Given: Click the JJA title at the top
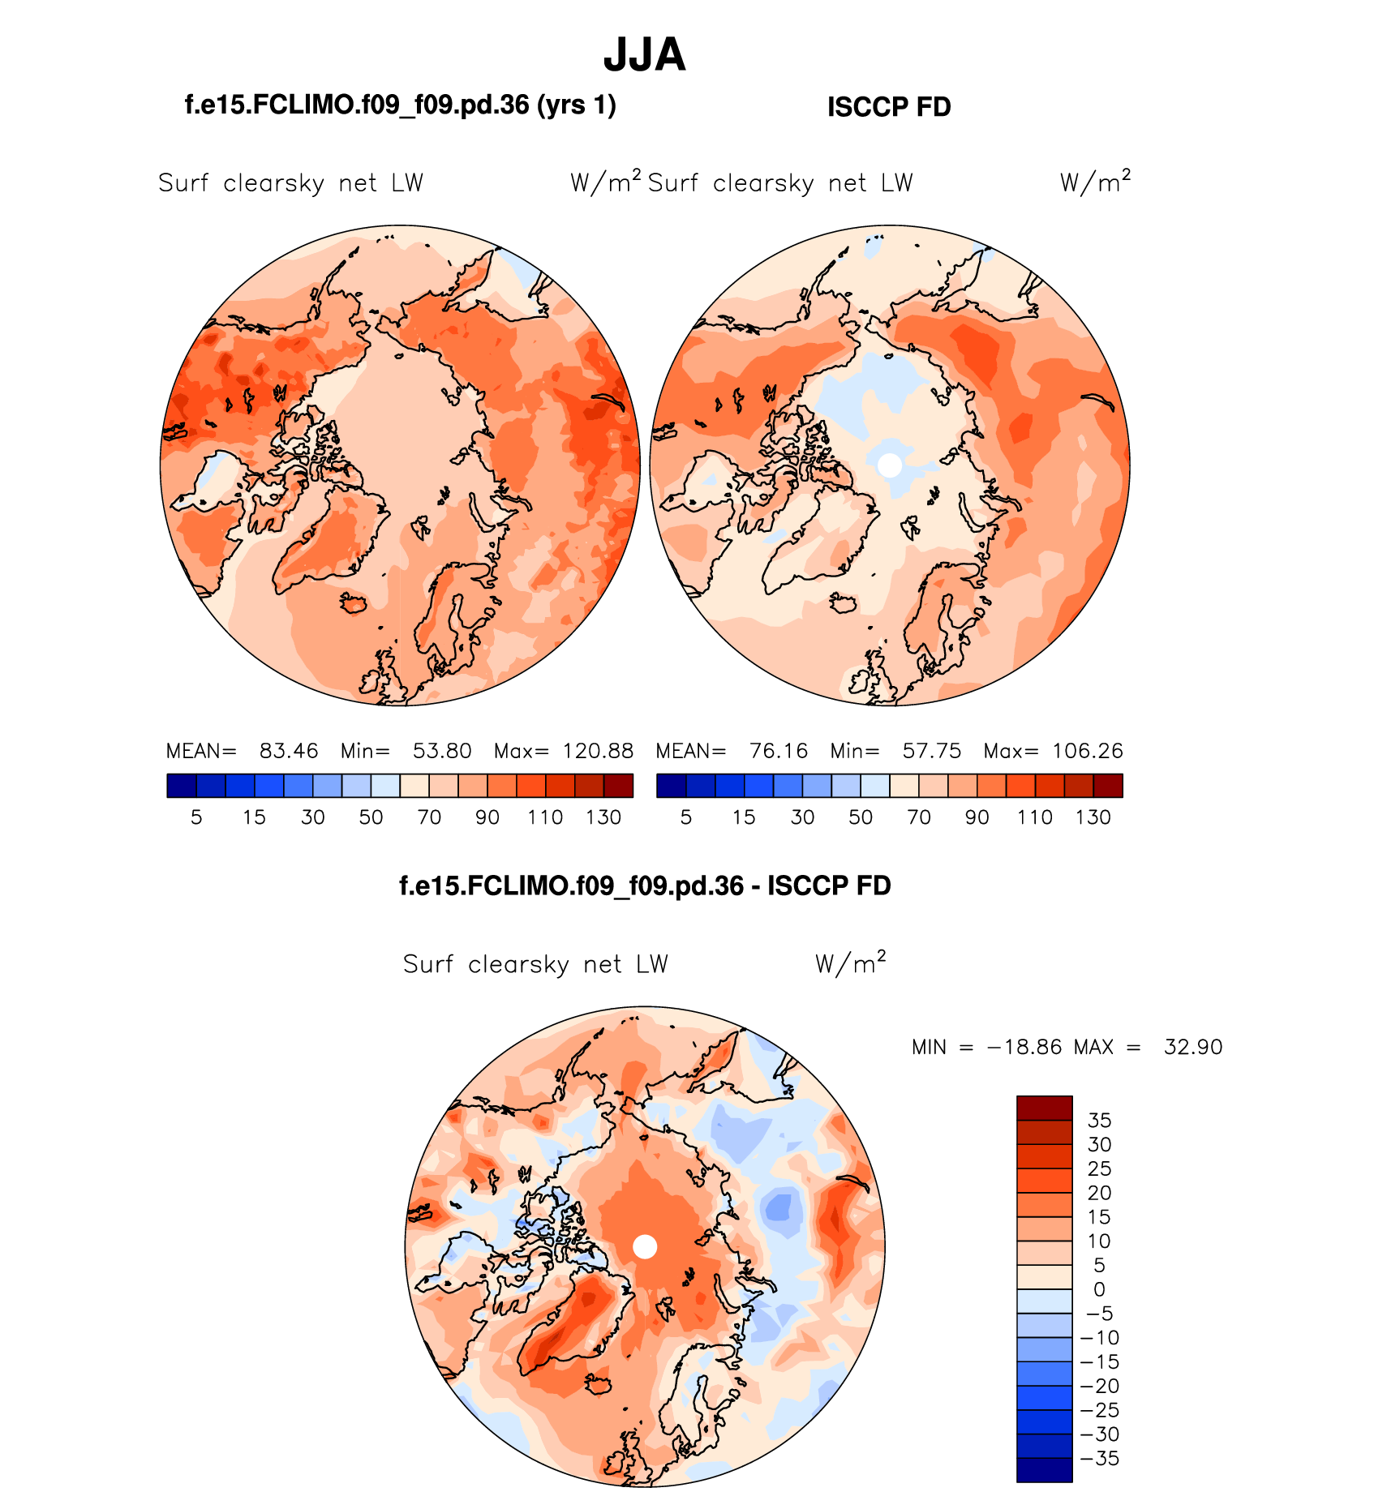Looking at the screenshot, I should pos(645,55).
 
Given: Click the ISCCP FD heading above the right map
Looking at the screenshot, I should pos(889,107).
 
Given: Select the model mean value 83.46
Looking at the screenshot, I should pos(289,751).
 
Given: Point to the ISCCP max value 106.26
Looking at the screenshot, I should pos(1087,751).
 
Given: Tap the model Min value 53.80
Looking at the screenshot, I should pos(442,751).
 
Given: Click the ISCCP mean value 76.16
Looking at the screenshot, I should pos(779,751).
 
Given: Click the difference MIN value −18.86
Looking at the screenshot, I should pos(1024,1047).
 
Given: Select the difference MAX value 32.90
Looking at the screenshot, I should pos(1193,1047).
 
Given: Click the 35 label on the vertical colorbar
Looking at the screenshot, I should pos(1099,1121).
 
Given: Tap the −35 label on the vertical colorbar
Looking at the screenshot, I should pos(1099,1459).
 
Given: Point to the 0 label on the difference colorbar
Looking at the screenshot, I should pos(1099,1289).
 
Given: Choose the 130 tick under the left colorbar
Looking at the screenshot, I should pos(603,817).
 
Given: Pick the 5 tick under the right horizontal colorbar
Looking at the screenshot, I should pos(686,817).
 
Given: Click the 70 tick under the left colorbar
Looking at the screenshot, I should pos(429,817).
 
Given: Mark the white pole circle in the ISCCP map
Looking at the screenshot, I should pos(890,465).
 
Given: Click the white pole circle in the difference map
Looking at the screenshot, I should pos(645,1246).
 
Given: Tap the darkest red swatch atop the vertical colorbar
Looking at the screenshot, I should pos(1045,1108).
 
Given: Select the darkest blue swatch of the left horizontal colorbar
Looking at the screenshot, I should pos(182,786).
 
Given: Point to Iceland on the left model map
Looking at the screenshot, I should pos(354,602).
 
